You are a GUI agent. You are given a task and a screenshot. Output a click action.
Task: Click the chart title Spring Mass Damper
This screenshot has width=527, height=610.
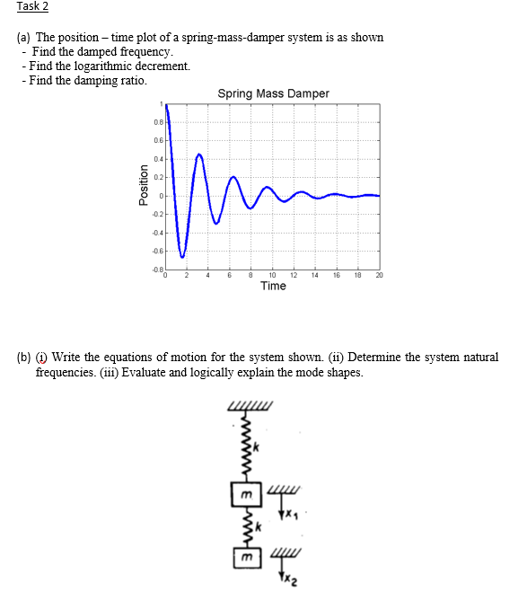click(x=273, y=93)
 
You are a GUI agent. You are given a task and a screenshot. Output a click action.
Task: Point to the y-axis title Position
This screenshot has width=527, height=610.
click(x=142, y=189)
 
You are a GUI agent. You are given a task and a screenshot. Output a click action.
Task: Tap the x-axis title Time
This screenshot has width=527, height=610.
click(x=273, y=287)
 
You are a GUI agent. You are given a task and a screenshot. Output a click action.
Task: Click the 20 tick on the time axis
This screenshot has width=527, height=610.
click(x=378, y=276)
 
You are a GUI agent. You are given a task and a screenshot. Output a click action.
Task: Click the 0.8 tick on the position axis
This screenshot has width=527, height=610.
click(x=157, y=122)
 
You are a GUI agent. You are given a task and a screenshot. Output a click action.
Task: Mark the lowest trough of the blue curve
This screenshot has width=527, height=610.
click(x=182, y=257)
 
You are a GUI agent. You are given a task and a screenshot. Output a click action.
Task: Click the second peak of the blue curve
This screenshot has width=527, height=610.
click(x=199, y=155)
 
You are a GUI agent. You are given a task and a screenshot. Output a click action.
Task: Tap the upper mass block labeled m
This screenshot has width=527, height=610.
click(x=244, y=494)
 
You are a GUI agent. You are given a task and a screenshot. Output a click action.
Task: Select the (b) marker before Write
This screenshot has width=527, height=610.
click(x=24, y=358)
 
